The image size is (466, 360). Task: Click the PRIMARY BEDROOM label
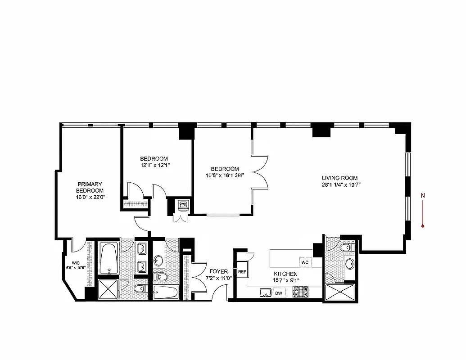pos(90,187)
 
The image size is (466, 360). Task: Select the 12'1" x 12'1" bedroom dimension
pos(154,165)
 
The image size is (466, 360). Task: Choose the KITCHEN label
pos(285,274)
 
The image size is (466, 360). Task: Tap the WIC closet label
pos(75,264)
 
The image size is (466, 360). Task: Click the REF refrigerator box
pos(242,272)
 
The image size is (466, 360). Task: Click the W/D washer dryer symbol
pos(183,205)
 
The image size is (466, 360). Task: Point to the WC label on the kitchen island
pos(304,262)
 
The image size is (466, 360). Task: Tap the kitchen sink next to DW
pos(265,293)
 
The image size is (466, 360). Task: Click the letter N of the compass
pos(422,195)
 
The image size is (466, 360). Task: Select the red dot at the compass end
pos(423,225)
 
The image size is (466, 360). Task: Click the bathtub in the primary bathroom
pos(109,259)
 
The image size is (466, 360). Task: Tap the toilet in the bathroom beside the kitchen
pos(348,247)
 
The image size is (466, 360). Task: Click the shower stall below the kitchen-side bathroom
pos(340,293)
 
